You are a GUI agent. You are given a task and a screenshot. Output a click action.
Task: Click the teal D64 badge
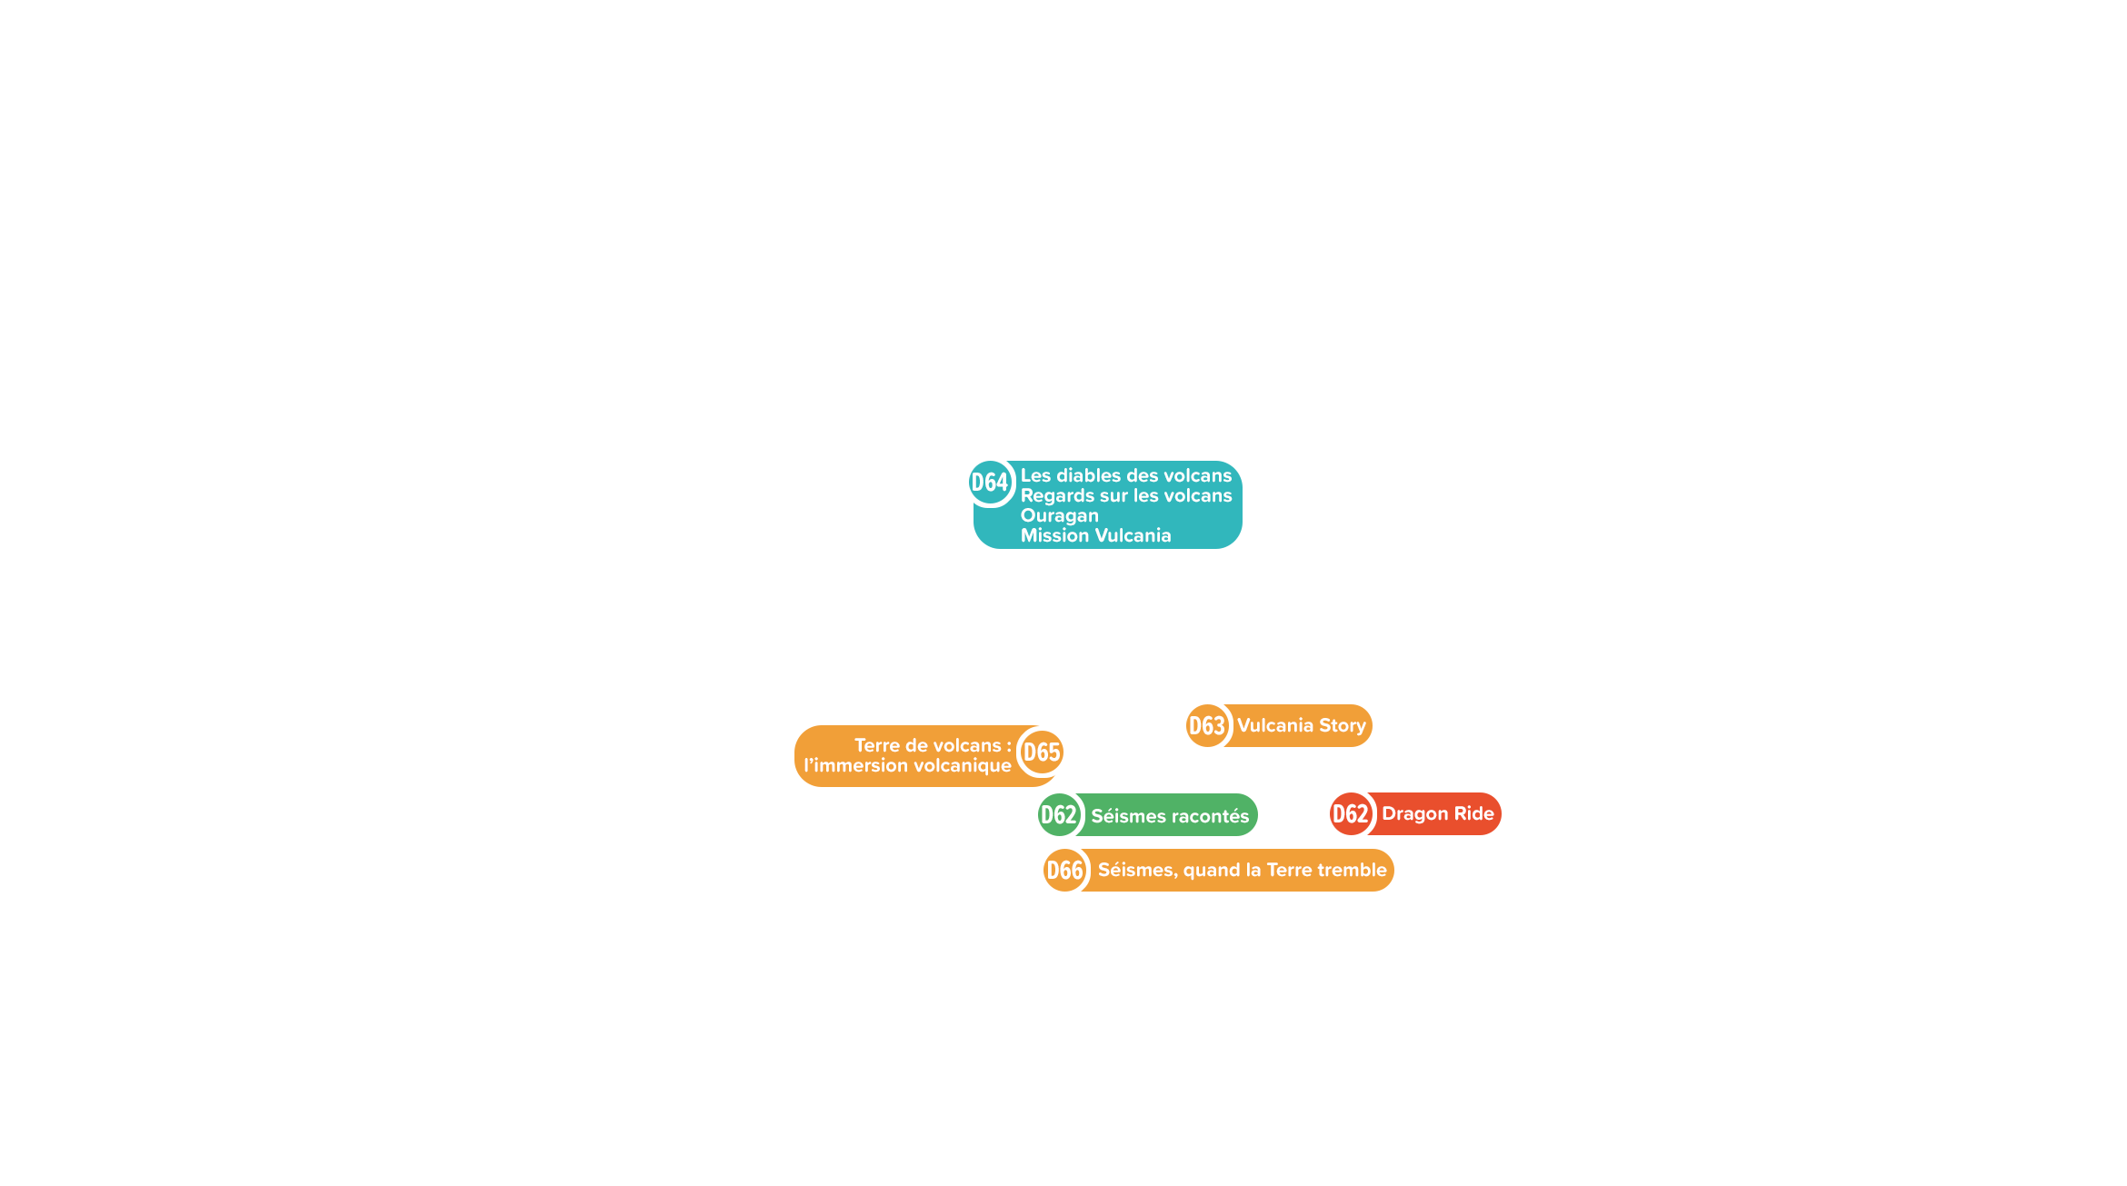click(x=990, y=482)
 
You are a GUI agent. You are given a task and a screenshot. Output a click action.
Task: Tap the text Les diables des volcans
click(x=1126, y=475)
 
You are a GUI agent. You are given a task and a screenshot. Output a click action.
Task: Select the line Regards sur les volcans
click(x=1126, y=496)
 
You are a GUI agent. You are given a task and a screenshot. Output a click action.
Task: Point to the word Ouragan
click(x=1060, y=516)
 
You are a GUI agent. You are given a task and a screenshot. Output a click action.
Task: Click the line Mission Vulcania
click(x=1096, y=535)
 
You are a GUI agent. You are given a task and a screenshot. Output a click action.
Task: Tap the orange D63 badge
click(x=1207, y=725)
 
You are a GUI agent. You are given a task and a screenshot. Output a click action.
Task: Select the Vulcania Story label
click(x=1302, y=725)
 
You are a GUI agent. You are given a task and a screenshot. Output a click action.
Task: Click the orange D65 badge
click(x=1042, y=752)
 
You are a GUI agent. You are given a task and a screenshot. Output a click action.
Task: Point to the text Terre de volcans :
click(x=933, y=745)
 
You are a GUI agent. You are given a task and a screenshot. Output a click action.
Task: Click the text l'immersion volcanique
click(x=907, y=765)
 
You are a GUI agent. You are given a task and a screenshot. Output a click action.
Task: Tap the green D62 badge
click(x=1059, y=814)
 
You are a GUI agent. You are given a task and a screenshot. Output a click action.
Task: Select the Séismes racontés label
click(x=1170, y=816)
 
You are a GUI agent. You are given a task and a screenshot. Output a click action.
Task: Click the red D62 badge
click(x=1351, y=813)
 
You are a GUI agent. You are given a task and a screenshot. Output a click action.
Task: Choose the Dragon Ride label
click(x=1438, y=813)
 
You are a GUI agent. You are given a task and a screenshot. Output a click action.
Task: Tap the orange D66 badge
click(x=1065, y=870)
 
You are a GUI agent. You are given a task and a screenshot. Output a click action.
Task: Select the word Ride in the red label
click(x=1474, y=813)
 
